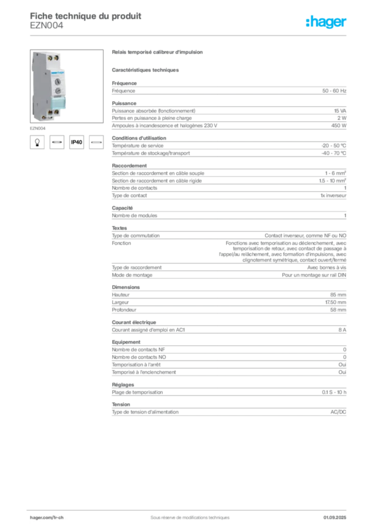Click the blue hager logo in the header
coord(327,22)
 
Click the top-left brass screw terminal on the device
coord(50,58)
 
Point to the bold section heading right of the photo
coord(159,53)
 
